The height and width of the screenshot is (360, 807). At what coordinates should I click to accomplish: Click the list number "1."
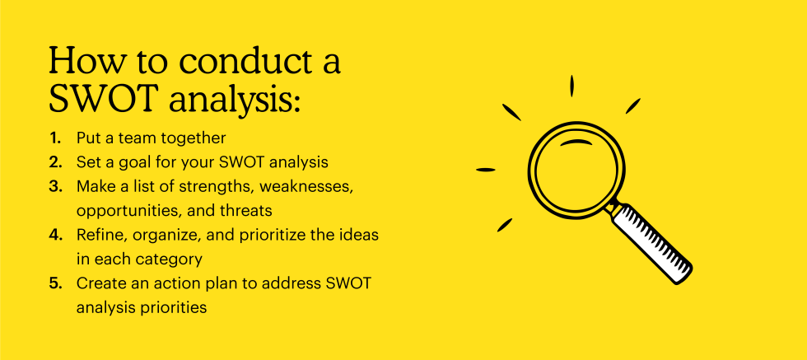56,138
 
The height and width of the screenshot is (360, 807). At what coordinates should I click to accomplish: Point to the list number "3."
56,186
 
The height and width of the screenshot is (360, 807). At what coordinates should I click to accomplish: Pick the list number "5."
56,283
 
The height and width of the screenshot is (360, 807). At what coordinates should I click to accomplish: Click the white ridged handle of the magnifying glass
652,242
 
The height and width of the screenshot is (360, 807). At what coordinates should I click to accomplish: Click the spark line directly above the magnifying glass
571,86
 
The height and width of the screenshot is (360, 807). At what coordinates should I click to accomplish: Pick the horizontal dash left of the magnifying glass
485,170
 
